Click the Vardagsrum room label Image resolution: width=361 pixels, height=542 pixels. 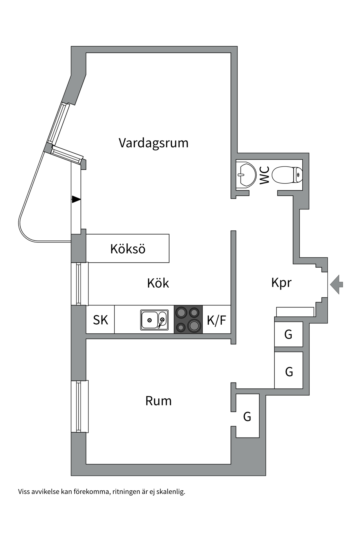coord(153,143)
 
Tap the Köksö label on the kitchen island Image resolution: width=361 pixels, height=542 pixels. coord(128,249)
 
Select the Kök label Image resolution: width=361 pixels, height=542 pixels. coord(158,283)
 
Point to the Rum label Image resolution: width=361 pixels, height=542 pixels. coord(158,401)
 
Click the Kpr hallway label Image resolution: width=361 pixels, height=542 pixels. coord(281,283)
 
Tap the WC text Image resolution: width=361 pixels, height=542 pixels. coord(265,175)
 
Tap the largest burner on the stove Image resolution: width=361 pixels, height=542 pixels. coord(194,326)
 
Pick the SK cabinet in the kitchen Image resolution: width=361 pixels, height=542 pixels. coord(100,320)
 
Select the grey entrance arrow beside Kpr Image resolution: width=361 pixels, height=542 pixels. coord(336,284)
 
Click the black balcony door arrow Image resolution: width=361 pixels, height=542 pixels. coord(76,199)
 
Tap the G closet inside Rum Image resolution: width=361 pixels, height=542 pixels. coord(247,416)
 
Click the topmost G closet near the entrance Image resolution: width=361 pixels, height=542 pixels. coord(288,335)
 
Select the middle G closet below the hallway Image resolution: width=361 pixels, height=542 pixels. coord(289,371)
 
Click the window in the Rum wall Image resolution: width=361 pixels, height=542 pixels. coord(80,406)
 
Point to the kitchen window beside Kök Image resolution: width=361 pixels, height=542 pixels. coord(80,284)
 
